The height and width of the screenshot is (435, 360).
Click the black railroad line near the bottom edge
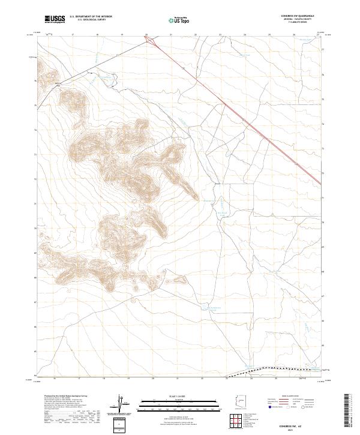[x=282, y=368]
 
